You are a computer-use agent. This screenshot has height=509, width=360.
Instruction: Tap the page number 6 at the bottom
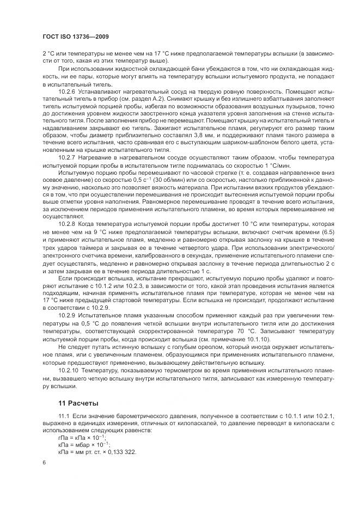point(44,462)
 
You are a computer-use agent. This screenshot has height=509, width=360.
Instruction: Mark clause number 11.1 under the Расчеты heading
point(64,416)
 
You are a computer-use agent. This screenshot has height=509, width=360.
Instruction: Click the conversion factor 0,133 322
point(120,452)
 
